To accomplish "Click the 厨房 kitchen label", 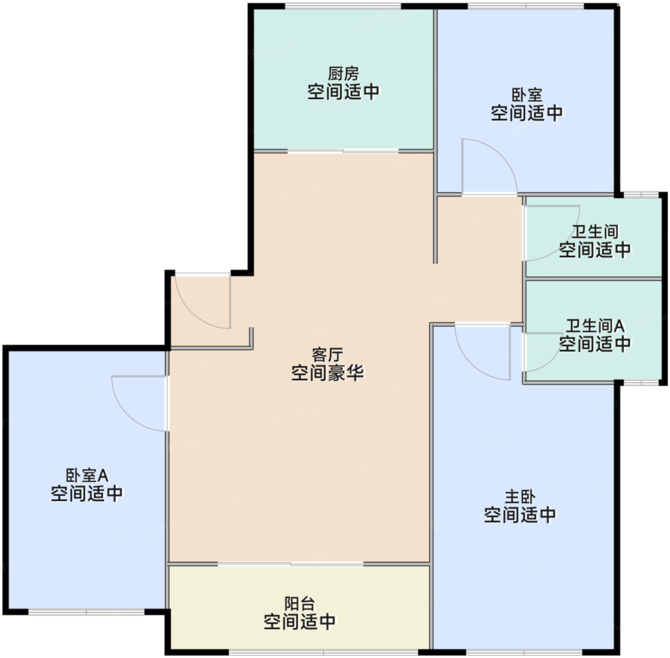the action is tap(344, 74).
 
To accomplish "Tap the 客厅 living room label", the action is tap(327, 355).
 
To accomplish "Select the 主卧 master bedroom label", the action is tap(520, 497).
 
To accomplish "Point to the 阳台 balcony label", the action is tap(300, 603).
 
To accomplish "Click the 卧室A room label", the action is tap(87, 476).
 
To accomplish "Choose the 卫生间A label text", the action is tap(595, 326).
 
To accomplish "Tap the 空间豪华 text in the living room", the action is tap(327, 373).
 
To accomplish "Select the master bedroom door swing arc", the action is tap(471, 363).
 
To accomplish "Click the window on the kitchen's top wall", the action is tap(343, 6).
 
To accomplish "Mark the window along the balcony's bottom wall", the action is tap(324, 652).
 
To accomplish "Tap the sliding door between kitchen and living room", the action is tap(343, 151).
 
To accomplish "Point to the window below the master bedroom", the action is tap(525, 652).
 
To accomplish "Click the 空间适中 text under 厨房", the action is tap(344, 92).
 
